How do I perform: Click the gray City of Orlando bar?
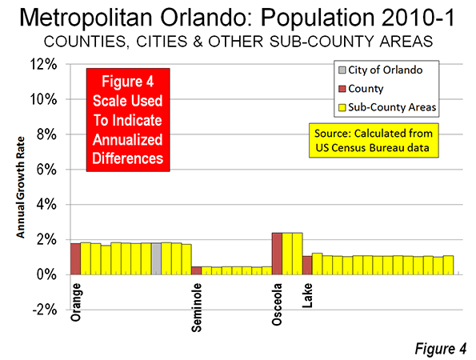(156, 259)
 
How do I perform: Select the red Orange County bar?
(75, 259)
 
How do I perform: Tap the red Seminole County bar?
(197, 270)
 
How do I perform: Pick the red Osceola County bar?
(277, 254)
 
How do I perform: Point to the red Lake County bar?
(307, 266)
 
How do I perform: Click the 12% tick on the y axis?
(43, 64)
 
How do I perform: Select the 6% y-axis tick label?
(46, 170)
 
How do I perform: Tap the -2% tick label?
(44, 310)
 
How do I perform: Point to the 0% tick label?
(46, 274)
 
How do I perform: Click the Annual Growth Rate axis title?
(20, 187)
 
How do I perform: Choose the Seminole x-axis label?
(197, 308)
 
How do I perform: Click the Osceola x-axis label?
(277, 305)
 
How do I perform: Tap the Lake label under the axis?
(307, 295)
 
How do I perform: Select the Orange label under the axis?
(75, 302)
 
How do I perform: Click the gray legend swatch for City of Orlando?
(342, 70)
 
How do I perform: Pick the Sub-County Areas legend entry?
(387, 107)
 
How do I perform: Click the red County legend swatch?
(342, 89)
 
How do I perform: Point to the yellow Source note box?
(374, 140)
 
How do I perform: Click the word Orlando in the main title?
(208, 18)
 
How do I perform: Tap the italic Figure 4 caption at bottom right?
(440, 349)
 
